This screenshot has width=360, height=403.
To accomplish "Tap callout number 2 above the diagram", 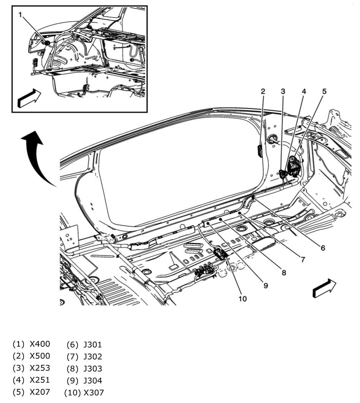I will pos(263,91).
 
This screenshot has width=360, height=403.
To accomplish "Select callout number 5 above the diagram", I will pos(324,91).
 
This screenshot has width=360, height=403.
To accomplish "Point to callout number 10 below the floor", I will pos(243,298).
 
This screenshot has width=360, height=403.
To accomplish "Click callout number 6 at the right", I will pos(322,248).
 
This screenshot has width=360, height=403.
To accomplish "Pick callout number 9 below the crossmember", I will pos(265,285).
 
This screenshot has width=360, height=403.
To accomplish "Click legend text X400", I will pos(40,344).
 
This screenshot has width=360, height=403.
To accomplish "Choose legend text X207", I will pos(40,392).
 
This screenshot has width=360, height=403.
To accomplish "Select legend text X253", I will pos(40,368).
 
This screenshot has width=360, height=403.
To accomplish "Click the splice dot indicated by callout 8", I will pos(220,219).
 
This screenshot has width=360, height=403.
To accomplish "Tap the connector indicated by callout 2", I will pos(260,151).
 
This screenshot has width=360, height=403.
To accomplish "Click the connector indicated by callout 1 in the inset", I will pos(46,43).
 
